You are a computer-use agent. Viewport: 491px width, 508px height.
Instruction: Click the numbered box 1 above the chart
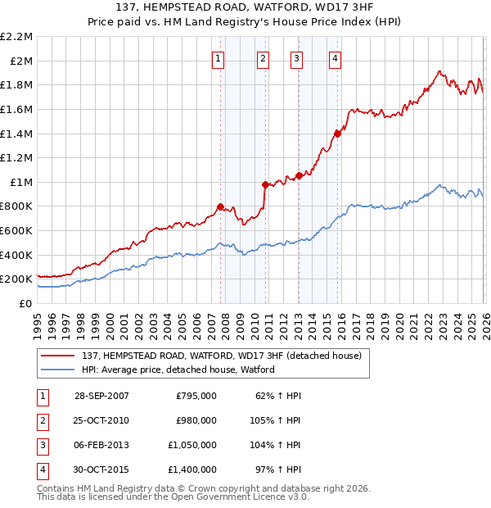coord(219,58)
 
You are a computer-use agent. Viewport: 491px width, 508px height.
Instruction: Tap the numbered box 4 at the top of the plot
coord(336,58)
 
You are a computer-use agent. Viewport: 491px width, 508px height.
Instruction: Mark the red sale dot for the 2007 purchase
coord(220,206)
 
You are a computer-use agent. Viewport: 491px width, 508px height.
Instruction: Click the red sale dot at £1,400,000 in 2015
coord(337,134)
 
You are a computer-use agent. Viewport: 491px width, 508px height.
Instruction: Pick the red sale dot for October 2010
coord(264,184)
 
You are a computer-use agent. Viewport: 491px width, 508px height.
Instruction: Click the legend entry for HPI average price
coord(178,370)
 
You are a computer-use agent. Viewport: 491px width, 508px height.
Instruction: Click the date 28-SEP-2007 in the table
coord(101,396)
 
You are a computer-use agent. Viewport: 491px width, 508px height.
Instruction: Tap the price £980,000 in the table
coord(196,420)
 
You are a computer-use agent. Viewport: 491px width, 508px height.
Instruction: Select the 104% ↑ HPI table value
coord(277,445)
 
